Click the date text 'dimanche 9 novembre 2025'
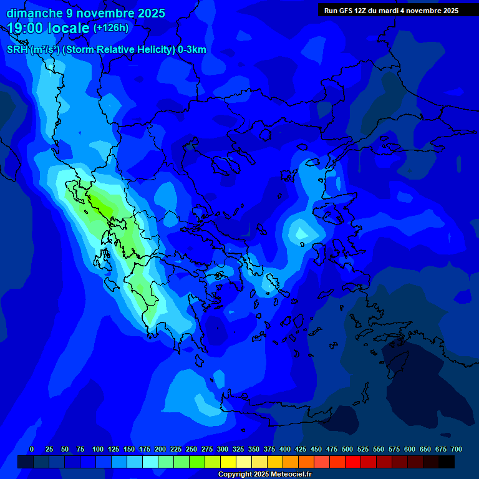point(85,13)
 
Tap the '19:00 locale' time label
point(49,28)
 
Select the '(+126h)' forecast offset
point(111,27)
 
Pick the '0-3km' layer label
point(191,50)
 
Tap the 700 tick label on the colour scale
point(456,449)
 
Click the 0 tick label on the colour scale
point(32,449)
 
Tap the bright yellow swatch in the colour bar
point(228,462)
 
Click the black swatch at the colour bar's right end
point(447,462)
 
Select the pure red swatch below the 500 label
point(353,462)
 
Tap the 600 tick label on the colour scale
point(409,449)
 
